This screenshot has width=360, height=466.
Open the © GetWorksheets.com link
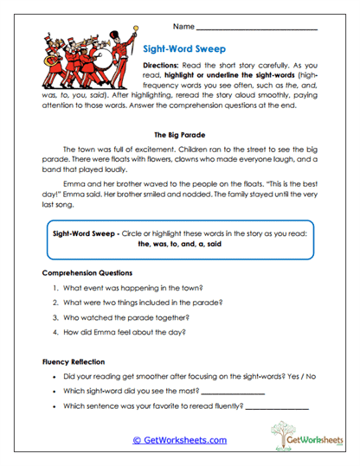[179, 440]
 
